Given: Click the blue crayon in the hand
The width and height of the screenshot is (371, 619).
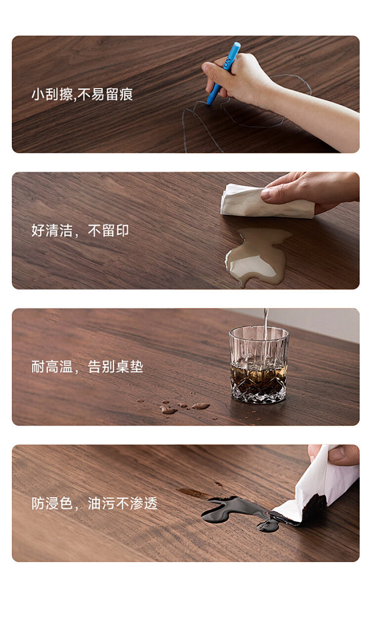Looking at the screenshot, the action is [x=223, y=73].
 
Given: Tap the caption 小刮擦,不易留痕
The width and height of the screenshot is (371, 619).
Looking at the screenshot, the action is [x=82, y=94].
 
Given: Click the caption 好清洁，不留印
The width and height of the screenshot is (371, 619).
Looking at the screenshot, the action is [x=80, y=231].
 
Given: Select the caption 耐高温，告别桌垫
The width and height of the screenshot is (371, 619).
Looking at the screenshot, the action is [x=87, y=367].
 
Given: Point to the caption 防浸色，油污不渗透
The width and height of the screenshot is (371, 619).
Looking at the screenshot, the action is [x=94, y=503].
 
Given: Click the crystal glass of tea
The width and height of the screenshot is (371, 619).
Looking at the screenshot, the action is [x=259, y=364].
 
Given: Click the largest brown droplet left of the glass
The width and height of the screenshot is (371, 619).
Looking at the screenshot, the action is [x=201, y=406].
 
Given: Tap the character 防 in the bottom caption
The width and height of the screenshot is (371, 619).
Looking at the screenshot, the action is [x=38, y=503].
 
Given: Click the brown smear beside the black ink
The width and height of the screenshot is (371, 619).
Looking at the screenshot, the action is [x=194, y=492].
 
